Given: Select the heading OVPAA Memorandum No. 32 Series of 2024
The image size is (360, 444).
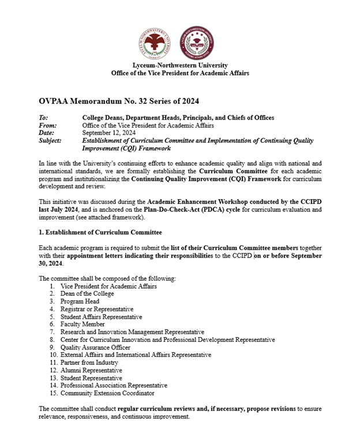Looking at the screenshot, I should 118,100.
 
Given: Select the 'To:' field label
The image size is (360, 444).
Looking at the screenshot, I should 44,118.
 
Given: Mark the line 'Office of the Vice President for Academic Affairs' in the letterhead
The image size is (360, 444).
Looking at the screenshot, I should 181,73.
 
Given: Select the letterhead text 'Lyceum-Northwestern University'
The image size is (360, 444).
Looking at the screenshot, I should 180,65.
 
